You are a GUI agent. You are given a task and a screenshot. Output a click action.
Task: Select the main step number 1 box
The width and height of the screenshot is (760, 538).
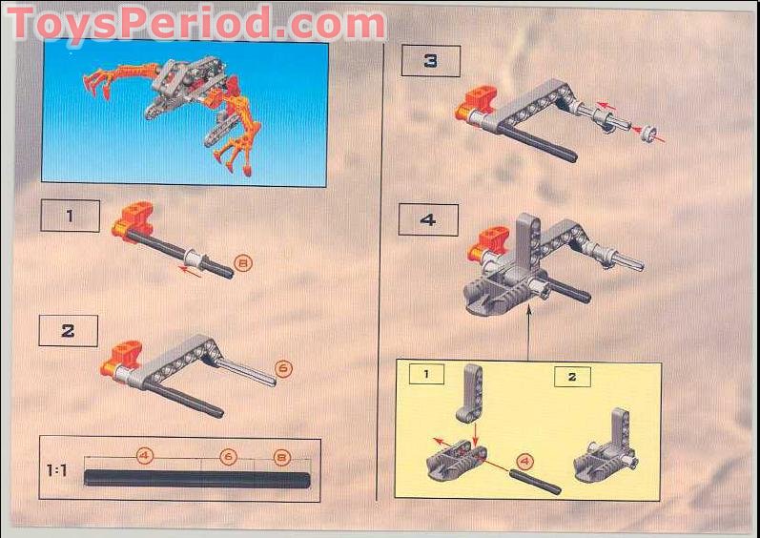[x=70, y=216]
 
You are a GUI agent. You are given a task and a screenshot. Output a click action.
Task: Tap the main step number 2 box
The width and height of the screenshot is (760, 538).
[x=68, y=331]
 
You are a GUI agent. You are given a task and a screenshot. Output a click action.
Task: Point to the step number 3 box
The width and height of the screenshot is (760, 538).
[x=430, y=61]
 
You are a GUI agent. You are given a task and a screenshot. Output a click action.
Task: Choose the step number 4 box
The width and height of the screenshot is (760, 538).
[x=428, y=219]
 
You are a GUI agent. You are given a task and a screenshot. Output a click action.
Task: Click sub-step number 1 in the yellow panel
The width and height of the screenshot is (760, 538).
[x=425, y=374]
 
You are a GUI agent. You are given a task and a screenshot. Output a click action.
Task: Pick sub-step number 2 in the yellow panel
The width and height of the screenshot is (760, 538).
[x=571, y=376]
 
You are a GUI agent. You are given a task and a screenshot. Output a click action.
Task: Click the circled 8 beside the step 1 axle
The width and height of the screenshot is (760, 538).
[x=243, y=262]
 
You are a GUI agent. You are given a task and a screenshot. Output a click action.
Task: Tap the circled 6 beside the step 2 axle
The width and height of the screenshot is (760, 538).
[x=283, y=365]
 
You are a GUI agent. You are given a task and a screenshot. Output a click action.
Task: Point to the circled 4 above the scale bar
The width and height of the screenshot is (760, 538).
[x=144, y=456]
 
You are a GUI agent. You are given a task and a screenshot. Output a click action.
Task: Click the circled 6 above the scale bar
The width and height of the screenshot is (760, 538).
[x=228, y=456]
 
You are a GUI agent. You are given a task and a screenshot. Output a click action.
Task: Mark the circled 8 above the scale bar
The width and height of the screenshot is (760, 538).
[x=281, y=456]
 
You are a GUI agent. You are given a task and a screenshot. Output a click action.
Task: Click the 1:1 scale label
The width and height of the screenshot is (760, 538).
[x=57, y=470]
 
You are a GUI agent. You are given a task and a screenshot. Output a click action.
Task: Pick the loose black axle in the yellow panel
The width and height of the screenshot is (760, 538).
[x=536, y=481]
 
